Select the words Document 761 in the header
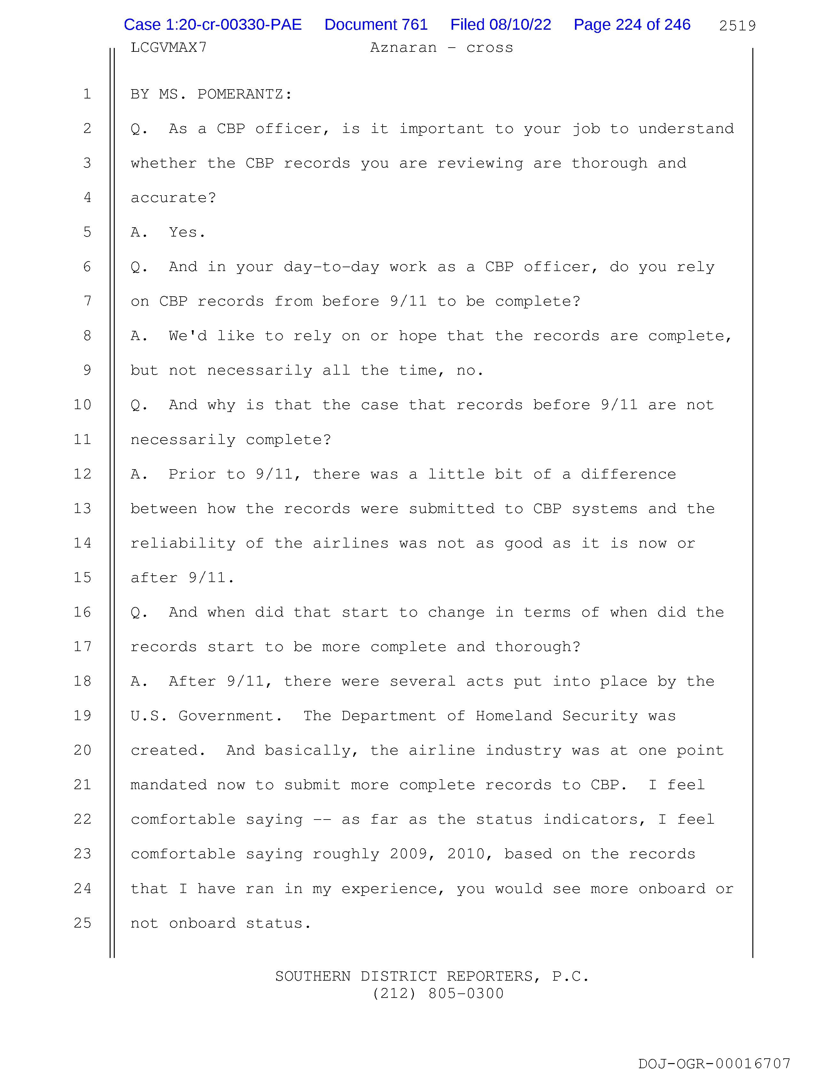click(x=376, y=25)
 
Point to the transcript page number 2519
click(x=737, y=26)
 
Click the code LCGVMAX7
click(x=168, y=48)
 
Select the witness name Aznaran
click(x=403, y=48)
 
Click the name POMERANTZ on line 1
click(x=240, y=94)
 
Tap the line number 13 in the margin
click(x=82, y=508)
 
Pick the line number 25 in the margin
click(x=82, y=923)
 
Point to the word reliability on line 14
click(x=183, y=543)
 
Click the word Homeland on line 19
click(x=514, y=716)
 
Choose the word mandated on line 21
click(x=168, y=785)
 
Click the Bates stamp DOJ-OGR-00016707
click(x=714, y=1063)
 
